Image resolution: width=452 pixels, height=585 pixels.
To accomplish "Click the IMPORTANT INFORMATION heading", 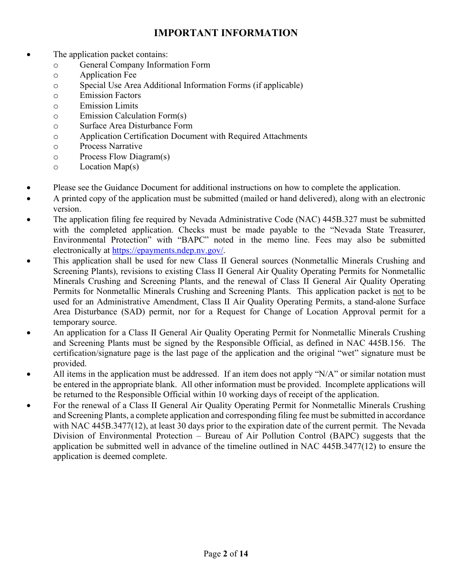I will point(226,33).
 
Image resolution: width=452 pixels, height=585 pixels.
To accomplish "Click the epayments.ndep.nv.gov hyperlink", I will point(167,250).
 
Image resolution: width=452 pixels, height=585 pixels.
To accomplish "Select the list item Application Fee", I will point(108,75).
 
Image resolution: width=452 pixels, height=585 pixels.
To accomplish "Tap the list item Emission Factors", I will point(110,96).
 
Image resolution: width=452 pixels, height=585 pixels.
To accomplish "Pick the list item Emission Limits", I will point(108,106).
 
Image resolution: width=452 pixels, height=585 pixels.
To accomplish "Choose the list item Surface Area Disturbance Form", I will point(136,126).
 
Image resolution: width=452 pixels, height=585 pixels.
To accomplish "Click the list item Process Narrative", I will point(111,146).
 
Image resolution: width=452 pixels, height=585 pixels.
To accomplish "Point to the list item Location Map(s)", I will point(109,167).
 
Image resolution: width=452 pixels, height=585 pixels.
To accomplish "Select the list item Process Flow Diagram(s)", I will point(125,156).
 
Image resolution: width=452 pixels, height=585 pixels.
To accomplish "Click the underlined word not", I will point(398,292).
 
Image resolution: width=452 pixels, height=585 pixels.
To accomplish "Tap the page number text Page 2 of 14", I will point(226,554).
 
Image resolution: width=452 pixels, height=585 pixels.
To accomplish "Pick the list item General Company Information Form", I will point(145,65).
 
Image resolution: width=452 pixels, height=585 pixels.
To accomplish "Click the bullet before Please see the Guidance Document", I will point(29,188).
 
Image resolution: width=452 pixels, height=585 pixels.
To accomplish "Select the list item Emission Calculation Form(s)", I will point(133,116).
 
